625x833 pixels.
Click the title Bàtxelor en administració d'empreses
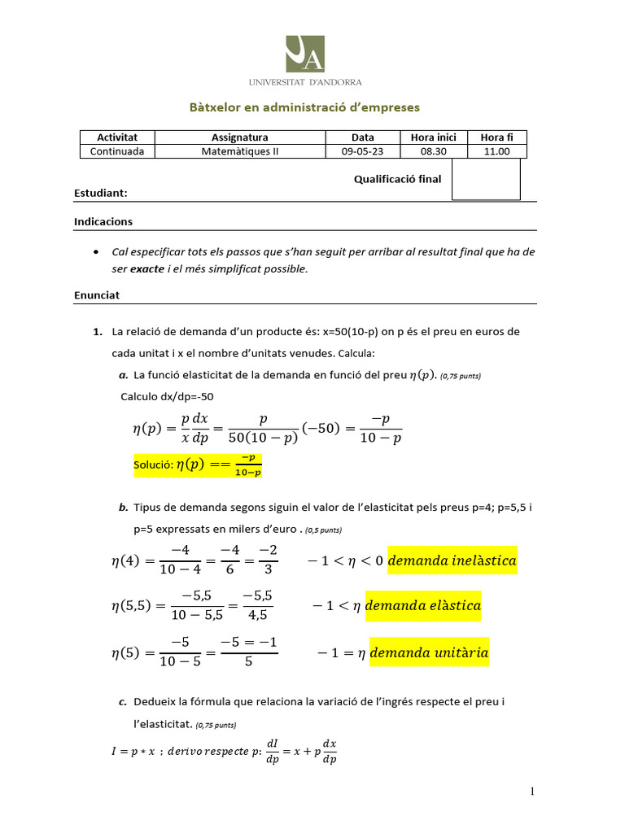point(304,107)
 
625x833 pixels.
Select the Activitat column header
point(117,137)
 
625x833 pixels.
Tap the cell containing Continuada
point(117,151)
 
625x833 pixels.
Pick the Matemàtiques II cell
point(239,151)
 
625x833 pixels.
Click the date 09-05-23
point(362,151)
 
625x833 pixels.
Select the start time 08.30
point(434,151)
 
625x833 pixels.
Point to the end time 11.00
point(496,151)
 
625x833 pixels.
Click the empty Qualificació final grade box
point(486,179)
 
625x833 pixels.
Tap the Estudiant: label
point(101,194)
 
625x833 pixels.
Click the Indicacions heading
point(103,221)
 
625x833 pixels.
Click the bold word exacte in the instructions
point(147,268)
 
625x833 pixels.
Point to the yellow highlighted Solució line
point(198,465)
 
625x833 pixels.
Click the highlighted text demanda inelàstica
point(452,560)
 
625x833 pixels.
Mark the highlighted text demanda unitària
point(429,652)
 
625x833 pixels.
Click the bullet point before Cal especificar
point(98,252)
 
